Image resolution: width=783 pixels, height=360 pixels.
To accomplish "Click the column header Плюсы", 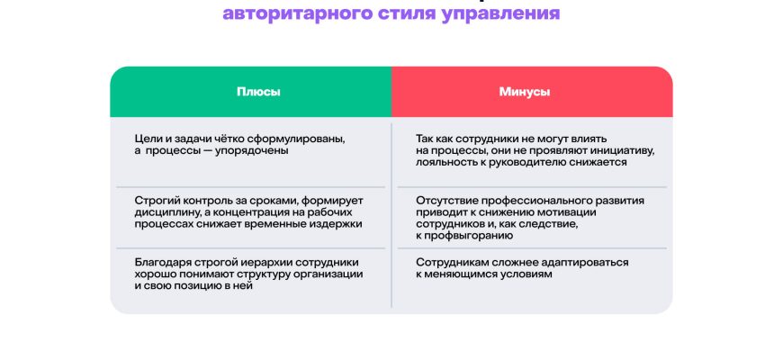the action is [x=258, y=93].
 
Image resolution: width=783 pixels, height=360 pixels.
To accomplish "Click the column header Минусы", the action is [x=525, y=93].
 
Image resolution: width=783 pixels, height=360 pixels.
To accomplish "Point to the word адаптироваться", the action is [x=583, y=263].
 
